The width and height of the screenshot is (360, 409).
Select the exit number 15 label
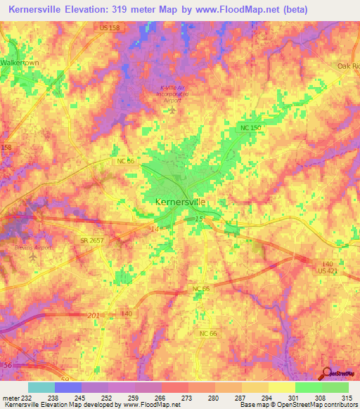tap(198, 220)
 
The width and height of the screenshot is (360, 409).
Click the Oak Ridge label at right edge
tap(348, 65)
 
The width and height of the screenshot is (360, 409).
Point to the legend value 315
tap(345, 398)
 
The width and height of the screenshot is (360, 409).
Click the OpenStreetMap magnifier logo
tap(327, 373)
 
